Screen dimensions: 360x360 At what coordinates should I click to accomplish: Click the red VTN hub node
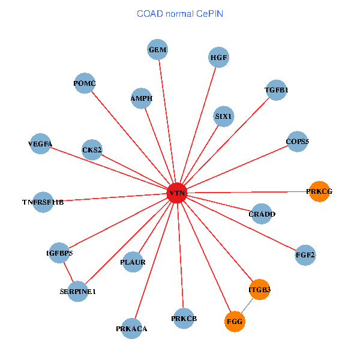click(x=177, y=193)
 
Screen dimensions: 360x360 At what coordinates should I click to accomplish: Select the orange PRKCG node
click(x=319, y=191)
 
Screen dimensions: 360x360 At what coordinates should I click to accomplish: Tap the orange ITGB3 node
click(x=260, y=290)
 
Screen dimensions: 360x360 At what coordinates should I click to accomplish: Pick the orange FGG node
click(x=235, y=322)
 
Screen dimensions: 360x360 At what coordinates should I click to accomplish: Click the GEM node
click(x=158, y=50)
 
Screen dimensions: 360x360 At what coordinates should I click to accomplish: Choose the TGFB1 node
click(x=276, y=91)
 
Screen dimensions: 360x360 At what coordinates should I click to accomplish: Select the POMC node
click(x=85, y=83)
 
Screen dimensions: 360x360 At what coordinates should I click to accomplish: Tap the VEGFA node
click(x=40, y=144)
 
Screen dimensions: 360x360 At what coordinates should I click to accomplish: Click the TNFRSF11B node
click(x=43, y=202)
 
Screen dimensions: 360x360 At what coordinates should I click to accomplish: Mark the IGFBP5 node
click(x=59, y=253)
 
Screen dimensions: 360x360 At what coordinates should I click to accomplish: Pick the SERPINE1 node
click(x=78, y=292)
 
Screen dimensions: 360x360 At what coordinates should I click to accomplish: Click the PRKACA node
click(x=132, y=329)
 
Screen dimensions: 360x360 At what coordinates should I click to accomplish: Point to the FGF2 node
click(x=305, y=255)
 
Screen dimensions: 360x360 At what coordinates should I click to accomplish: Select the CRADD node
click(x=262, y=214)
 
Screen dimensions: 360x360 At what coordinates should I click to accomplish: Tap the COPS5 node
click(x=298, y=142)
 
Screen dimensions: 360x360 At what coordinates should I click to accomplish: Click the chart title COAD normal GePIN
click(x=180, y=13)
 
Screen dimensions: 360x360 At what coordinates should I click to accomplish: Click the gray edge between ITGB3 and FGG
click(x=247, y=306)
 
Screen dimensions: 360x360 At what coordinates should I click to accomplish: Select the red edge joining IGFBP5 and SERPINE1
click(x=68, y=272)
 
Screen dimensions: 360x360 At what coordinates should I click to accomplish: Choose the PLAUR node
click(x=133, y=262)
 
